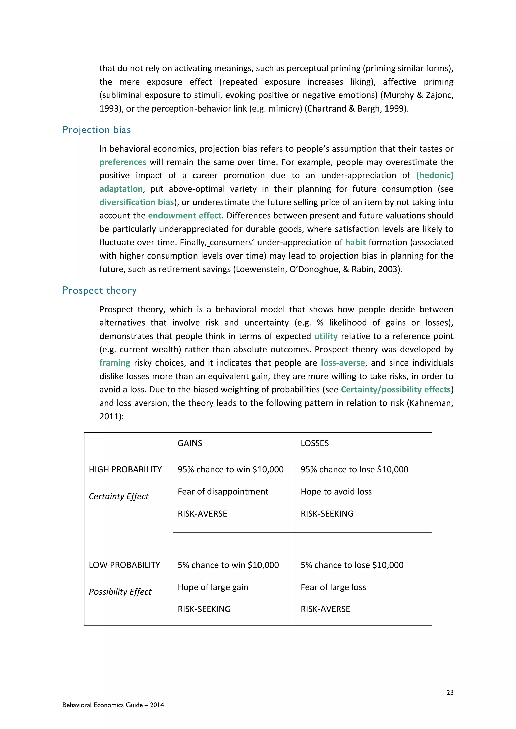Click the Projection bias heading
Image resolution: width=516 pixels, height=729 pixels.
click(x=96, y=130)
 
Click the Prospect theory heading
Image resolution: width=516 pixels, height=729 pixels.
click(x=100, y=290)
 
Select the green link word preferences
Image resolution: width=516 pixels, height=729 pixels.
click(x=123, y=162)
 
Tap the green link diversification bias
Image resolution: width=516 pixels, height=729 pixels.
click(x=137, y=202)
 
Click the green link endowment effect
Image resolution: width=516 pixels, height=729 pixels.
click(x=185, y=215)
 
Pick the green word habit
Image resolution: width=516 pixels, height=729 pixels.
click(x=355, y=242)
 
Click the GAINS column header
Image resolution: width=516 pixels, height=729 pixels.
click(x=190, y=443)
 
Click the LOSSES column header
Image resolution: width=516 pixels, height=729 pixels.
click(x=314, y=443)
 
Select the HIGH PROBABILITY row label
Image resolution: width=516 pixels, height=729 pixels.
click(x=125, y=469)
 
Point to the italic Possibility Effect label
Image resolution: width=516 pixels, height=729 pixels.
click(x=120, y=592)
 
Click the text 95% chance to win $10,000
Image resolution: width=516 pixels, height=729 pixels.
click(x=230, y=469)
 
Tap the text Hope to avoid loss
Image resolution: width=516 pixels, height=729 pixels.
click(x=336, y=492)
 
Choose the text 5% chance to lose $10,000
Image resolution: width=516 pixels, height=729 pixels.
click(x=352, y=565)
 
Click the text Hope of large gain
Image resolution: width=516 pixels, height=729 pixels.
click(x=213, y=587)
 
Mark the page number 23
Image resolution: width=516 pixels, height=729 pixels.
click(x=449, y=692)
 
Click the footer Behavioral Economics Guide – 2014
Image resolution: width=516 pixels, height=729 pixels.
click(x=113, y=705)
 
